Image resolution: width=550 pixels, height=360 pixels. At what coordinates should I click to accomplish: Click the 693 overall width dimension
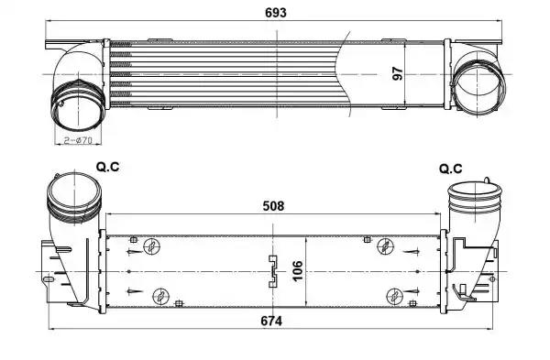pos(274,13)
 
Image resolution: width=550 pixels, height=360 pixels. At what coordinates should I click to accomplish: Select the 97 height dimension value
pos(397,73)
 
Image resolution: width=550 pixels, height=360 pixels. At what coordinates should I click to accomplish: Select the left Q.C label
pos(108,169)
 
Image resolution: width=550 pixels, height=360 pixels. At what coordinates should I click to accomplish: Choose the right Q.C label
pos(450,169)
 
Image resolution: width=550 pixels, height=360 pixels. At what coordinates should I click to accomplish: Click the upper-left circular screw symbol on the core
pos(154,245)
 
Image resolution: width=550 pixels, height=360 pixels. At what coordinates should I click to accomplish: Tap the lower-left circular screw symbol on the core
pos(161,296)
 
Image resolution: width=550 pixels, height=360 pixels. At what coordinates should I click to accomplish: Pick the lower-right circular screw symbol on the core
pos(394,295)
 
